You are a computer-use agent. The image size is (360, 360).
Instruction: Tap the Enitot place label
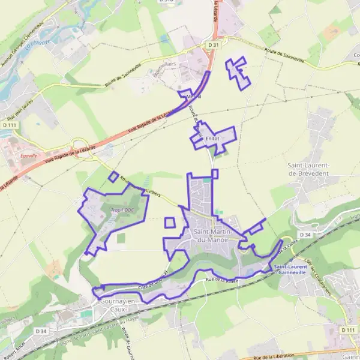point(212,138)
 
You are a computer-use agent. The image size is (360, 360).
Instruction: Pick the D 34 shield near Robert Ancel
point(41,331)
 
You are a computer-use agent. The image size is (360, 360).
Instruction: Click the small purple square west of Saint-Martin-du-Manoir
point(170,223)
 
